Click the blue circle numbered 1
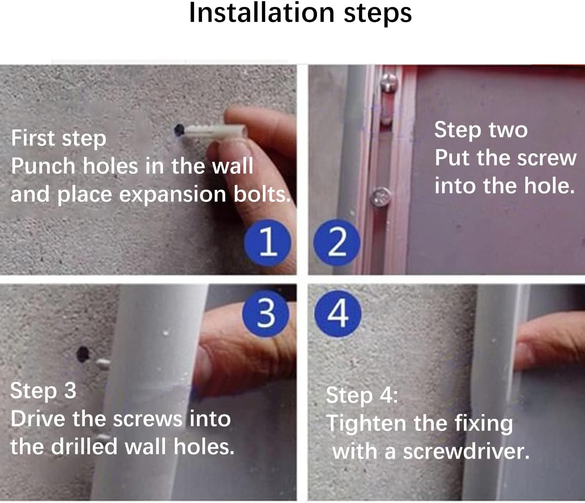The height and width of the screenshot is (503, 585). (268, 243)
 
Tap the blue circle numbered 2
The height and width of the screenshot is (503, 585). (337, 243)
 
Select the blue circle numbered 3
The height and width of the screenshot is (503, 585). (266, 313)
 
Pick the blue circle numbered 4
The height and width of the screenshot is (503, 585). (338, 313)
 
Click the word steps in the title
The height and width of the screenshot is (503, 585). (378, 15)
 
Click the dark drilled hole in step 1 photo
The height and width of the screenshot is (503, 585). (179, 130)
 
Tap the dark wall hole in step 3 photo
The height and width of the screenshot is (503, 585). (83, 354)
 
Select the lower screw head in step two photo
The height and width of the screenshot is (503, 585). (381, 197)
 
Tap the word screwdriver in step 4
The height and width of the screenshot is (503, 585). (466, 452)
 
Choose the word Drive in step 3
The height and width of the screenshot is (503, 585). (38, 419)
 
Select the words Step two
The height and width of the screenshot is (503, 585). (481, 131)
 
